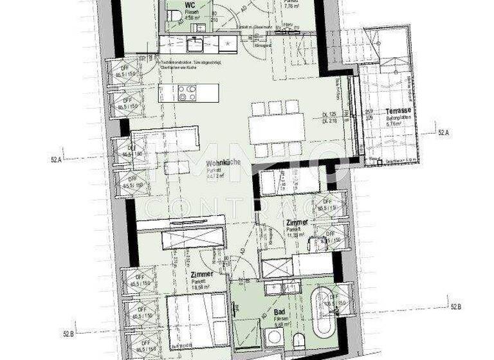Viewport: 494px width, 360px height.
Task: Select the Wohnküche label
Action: coord(223,163)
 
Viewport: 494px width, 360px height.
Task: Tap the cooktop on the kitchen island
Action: coord(187,93)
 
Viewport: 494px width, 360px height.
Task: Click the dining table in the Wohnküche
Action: coord(277,129)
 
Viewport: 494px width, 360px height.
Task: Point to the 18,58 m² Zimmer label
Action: coord(202,274)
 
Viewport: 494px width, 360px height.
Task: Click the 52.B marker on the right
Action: coord(456,307)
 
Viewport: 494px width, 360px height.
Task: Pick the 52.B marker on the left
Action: coord(68,333)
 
